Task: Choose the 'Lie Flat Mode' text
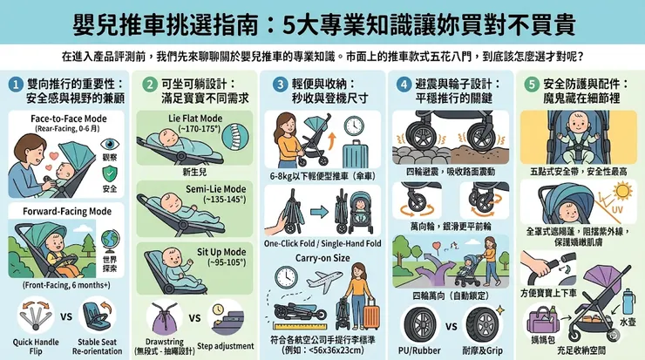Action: (x=193, y=117)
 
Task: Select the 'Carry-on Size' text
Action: (x=323, y=259)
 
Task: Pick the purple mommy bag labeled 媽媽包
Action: (x=543, y=318)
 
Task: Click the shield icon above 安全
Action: (x=109, y=174)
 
